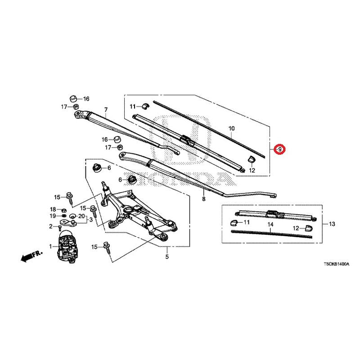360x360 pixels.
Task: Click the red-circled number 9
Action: (x=280, y=149)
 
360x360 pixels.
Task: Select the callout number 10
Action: (x=232, y=128)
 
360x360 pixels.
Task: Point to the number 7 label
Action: (x=106, y=110)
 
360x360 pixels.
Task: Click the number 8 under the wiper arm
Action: (x=204, y=199)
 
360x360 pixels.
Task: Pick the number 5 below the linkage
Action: (x=167, y=256)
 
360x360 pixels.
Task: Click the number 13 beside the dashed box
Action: (x=332, y=224)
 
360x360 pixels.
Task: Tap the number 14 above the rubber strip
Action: (x=270, y=224)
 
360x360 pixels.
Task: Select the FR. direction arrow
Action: (x=31, y=256)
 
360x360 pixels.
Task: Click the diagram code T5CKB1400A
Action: (x=337, y=264)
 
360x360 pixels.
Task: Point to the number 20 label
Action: (x=82, y=216)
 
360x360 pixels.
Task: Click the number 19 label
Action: (x=53, y=216)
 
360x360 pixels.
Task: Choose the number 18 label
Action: (x=53, y=209)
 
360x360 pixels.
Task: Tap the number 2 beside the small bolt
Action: (x=51, y=227)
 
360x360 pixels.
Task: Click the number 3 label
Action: (x=91, y=220)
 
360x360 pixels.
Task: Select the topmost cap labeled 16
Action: (x=73, y=99)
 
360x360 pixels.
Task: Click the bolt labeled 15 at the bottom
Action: (x=108, y=248)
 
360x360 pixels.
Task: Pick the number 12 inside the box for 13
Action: (x=296, y=228)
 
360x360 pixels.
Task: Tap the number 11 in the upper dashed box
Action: (x=133, y=107)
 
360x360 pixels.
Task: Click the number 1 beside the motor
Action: (x=50, y=247)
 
